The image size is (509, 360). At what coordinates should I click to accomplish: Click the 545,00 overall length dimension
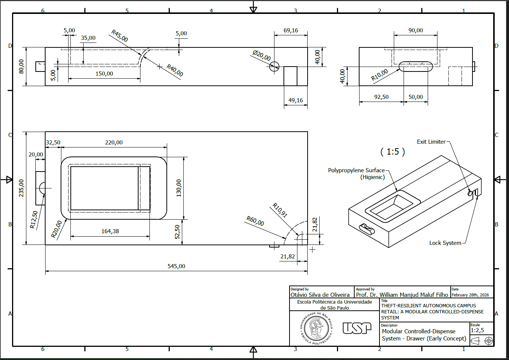(x=176, y=266)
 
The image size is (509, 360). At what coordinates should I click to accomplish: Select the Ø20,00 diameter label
(x=262, y=55)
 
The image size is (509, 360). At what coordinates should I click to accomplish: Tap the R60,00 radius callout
(x=255, y=221)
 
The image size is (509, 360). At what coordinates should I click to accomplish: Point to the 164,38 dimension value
(x=110, y=231)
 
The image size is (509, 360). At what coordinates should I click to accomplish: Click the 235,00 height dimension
(x=21, y=188)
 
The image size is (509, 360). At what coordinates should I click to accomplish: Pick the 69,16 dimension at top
(x=291, y=30)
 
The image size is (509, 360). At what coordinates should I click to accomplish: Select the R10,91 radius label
(x=280, y=210)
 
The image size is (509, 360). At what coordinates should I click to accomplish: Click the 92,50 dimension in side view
(x=381, y=97)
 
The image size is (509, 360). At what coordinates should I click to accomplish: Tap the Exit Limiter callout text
(x=431, y=142)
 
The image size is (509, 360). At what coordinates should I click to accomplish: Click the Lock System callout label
(x=445, y=243)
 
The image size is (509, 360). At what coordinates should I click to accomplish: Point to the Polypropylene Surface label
(x=356, y=170)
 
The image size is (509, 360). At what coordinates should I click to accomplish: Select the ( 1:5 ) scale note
(x=393, y=152)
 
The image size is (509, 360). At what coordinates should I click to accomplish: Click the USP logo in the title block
(x=357, y=328)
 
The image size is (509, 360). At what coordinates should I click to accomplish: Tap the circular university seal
(x=316, y=328)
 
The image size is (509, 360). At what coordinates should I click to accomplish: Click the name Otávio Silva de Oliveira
(x=320, y=295)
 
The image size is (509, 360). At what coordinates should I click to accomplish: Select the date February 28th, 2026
(x=470, y=295)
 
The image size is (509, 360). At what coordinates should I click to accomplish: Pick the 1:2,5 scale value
(x=477, y=330)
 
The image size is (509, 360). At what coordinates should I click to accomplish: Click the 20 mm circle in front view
(x=274, y=67)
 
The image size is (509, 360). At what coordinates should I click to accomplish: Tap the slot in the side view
(x=416, y=67)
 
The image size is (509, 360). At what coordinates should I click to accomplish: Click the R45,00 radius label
(x=120, y=36)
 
